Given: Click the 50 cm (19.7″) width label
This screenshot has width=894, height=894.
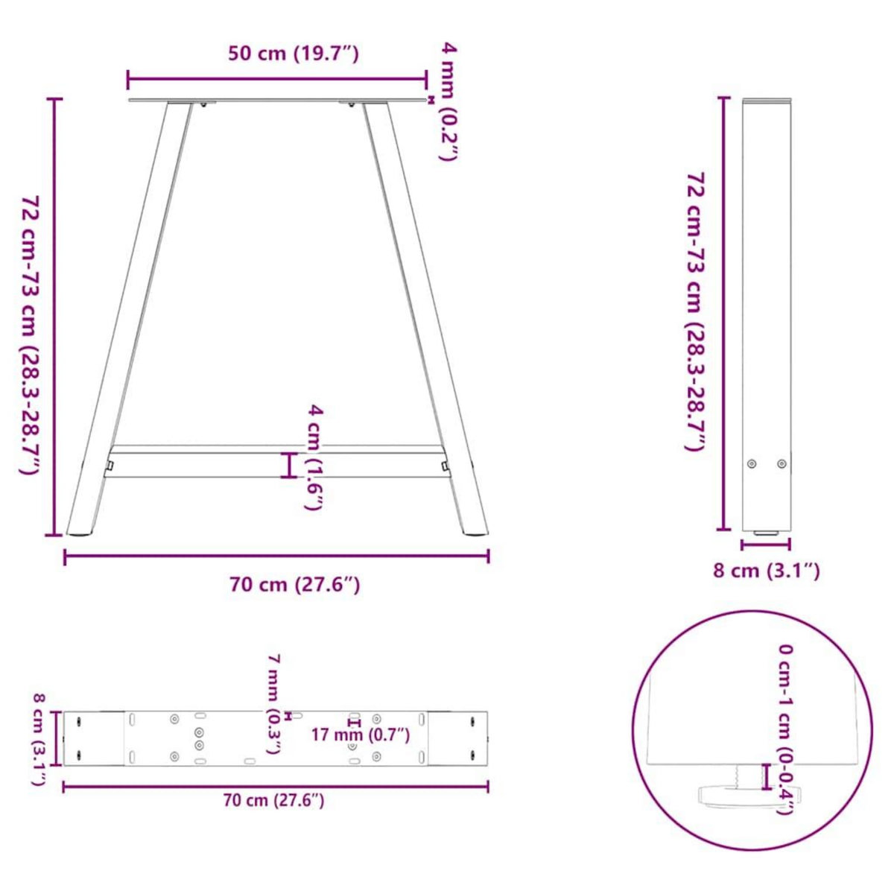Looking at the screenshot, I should (294, 54).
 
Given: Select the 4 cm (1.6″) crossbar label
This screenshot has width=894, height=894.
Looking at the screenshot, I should (314, 457).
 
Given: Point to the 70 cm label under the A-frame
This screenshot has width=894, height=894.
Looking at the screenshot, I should (295, 585).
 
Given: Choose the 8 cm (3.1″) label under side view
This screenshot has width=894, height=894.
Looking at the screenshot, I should (767, 571).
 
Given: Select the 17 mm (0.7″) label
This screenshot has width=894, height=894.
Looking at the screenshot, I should (360, 735).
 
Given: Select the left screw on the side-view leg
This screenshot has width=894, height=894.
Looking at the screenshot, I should (752, 463).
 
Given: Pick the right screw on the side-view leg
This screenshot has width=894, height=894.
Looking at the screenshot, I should (781, 463).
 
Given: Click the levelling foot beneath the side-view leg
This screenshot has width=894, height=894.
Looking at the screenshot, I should (766, 533).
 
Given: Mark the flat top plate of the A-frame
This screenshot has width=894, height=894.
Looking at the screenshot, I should (276, 100).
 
